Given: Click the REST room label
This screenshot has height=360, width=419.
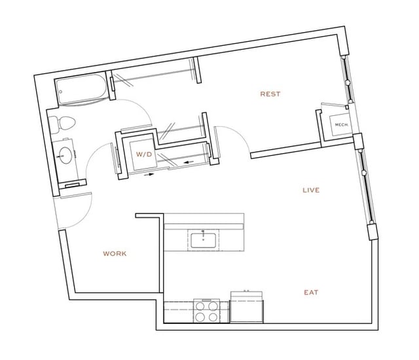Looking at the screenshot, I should click(270, 94).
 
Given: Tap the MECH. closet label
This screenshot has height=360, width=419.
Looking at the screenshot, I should click(340, 124).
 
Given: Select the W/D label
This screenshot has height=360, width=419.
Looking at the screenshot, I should click(143, 154).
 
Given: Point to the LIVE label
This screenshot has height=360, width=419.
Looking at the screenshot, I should click(310, 190).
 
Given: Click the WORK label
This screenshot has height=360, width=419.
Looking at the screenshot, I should click(115, 253).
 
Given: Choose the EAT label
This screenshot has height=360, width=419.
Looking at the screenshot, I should click(311, 293).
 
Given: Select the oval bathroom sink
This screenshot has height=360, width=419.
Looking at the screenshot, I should click(65, 155).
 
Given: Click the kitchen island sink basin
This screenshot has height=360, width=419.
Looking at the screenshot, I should click(204, 239).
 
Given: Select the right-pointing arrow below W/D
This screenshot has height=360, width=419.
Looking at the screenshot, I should click(151, 175).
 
